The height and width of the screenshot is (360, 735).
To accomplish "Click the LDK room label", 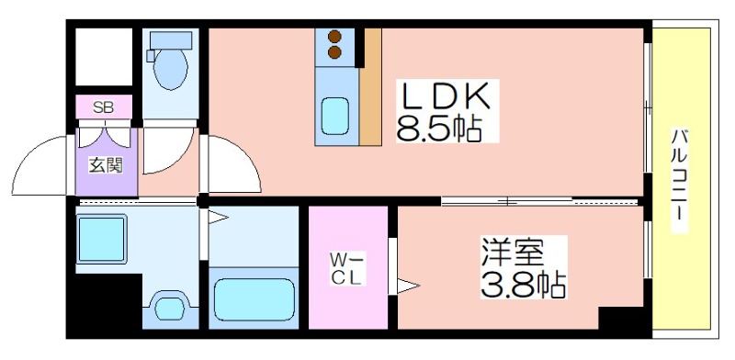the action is tap(444, 97).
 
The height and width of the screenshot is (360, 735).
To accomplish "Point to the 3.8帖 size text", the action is tap(523, 284).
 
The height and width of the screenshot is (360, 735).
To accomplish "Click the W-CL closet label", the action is tap(347, 268).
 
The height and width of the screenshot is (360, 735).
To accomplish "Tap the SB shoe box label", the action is tap(103, 107).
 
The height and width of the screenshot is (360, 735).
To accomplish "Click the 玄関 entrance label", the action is tap(106, 165).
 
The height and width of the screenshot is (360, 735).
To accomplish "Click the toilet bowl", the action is tap(171, 69).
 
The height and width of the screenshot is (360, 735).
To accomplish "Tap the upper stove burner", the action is tap(334, 37).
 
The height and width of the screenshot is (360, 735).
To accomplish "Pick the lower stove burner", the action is tap(334, 52).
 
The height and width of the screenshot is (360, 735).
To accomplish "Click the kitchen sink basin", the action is tap(335, 116).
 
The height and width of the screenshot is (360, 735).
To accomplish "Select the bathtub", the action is tap(254, 299).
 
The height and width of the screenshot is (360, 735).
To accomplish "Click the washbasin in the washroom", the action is tap(170, 308).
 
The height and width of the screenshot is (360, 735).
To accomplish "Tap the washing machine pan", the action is tap(102, 238).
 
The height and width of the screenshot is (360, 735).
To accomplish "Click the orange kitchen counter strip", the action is tap(370, 86).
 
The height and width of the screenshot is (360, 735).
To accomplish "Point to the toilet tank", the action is tap(171, 39).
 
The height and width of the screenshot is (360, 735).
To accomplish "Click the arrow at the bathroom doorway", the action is tap(218, 217).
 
